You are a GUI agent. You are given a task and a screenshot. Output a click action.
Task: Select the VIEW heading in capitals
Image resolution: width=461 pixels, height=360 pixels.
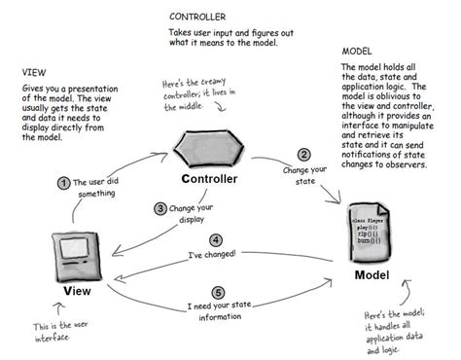pos(34,72)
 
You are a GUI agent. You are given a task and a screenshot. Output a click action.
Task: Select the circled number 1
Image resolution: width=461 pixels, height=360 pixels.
pos(63,182)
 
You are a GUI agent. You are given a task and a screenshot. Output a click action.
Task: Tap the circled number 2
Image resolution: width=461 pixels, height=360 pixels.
pos(303,154)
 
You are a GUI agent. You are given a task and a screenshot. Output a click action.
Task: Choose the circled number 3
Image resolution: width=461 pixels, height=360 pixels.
pos(160,207)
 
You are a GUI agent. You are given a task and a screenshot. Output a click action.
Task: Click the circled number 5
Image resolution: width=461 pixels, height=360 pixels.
pos(220,291)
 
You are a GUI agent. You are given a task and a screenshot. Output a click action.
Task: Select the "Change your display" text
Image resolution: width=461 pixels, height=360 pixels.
pos(195,214)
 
